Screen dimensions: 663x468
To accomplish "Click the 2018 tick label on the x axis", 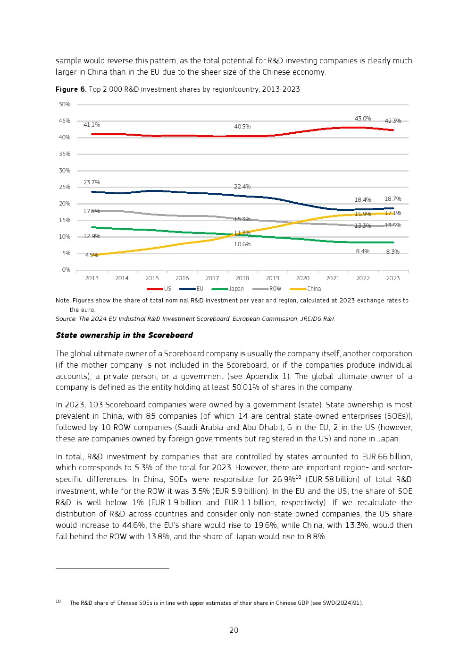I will point(242,278).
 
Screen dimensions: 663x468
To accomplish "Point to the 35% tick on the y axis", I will point(65,154).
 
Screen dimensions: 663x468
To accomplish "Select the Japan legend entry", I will point(236,289).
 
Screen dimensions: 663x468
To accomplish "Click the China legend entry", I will point(314,289).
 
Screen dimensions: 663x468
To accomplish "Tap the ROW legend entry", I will point(275,289).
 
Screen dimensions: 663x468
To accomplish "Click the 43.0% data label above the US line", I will point(363,119).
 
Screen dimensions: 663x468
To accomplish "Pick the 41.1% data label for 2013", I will point(92,125).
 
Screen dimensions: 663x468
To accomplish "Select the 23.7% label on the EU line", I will point(92,182).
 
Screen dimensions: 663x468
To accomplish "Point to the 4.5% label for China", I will point(92,255).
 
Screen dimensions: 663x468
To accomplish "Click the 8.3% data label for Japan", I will point(393,252).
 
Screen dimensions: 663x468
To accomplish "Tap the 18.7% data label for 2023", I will point(393,199).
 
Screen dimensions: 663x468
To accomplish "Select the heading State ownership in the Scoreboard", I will point(124,335).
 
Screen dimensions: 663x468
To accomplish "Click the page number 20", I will point(234,630).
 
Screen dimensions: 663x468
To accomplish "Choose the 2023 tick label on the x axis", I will point(393,278).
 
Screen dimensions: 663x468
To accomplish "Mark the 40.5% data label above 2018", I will point(242,127).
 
